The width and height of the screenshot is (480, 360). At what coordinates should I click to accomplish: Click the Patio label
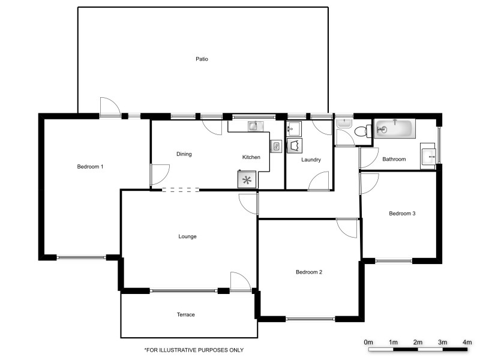click(202, 59)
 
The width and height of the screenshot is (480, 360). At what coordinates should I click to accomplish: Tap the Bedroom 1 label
click(90, 166)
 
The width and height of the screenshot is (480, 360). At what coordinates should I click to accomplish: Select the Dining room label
click(184, 154)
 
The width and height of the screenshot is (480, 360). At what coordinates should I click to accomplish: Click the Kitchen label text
click(251, 157)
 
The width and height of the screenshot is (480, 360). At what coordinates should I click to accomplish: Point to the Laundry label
click(311, 160)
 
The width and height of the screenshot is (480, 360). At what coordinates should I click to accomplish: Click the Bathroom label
click(394, 159)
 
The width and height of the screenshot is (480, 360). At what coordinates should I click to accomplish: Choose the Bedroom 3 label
click(402, 214)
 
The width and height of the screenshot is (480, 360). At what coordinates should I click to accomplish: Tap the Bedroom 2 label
click(309, 272)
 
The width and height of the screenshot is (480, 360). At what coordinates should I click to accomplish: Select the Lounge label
click(187, 236)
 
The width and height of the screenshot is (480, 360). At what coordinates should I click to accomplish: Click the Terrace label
click(185, 314)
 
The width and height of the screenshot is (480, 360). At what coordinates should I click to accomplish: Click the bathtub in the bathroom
click(394, 128)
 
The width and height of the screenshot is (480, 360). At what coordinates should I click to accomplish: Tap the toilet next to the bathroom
click(362, 133)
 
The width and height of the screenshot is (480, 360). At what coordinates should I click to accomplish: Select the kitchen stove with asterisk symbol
click(247, 179)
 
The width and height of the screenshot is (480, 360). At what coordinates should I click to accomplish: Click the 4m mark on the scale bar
click(467, 342)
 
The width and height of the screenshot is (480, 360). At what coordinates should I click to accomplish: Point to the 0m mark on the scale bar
click(368, 342)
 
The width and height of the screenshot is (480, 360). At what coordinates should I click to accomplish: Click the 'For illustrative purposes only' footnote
click(194, 350)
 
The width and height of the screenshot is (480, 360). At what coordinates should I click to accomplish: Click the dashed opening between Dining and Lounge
click(181, 190)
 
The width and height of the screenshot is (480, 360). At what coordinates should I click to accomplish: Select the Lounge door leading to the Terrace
click(240, 282)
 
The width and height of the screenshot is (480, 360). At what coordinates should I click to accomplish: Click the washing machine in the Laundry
click(294, 145)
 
